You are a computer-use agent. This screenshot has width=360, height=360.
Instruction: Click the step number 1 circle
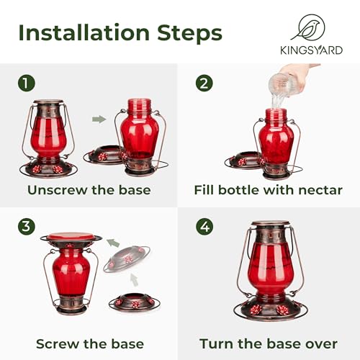pyautogui.click(x=27, y=83)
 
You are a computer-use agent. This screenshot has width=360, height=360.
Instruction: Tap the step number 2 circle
pyautogui.click(x=204, y=83)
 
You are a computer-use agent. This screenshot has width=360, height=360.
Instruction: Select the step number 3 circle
pyautogui.click(x=27, y=226)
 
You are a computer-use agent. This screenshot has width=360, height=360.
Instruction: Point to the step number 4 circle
pyautogui.click(x=204, y=226)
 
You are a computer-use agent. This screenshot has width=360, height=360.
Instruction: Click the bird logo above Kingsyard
pyautogui.click(x=309, y=27)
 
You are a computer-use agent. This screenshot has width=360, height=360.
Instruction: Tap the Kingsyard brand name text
pyautogui.click(x=312, y=50)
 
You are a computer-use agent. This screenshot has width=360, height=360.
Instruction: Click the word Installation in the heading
pyautogui.click(x=84, y=32)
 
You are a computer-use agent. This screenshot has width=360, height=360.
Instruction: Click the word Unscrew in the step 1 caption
pyautogui.click(x=58, y=190)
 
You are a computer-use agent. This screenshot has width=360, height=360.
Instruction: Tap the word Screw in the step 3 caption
pyautogui.click(x=58, y=344)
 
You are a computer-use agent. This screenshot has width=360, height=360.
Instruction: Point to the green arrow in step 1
pyautogui.click(x=99, y=119)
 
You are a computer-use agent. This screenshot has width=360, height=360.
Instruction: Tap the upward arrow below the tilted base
pyautogui.click(x=135, y=279)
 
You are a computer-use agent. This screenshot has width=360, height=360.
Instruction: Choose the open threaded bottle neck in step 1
pyautogui.click(x=139, y=105)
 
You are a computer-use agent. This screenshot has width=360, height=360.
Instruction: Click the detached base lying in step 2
pyautogui.click(x=243, y=161)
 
